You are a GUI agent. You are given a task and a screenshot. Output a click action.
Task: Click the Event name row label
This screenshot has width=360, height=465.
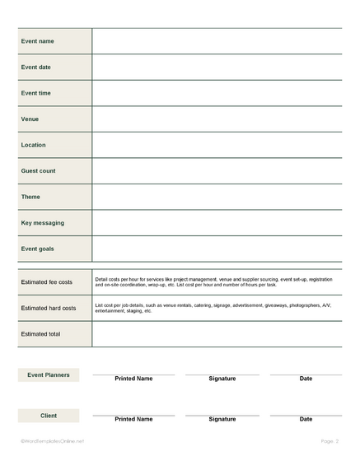click(37, 41)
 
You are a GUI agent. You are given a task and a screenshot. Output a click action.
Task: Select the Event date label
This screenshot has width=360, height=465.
click(36, 67)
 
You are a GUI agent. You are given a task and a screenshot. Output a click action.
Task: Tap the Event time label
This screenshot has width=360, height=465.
click(36, 93)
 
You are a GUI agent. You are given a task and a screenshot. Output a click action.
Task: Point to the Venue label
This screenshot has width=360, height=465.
click(30, 119)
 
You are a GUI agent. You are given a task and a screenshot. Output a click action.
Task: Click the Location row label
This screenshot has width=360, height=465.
click(34, 145)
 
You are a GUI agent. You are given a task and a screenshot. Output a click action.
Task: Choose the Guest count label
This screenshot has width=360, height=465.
click(39, 171)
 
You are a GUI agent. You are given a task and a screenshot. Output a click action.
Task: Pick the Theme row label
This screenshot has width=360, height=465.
click(30, 197)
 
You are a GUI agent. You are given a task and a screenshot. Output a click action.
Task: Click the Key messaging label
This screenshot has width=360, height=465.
click(43, 223)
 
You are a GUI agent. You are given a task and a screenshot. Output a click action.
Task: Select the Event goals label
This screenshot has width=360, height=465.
click(38, 249)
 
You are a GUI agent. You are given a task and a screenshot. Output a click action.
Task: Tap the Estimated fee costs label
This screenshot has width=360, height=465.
click(47, 282)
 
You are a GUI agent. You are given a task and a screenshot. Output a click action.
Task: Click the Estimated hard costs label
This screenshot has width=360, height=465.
click(49, 308)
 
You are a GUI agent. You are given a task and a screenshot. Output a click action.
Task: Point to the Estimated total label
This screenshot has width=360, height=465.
click(40, 333)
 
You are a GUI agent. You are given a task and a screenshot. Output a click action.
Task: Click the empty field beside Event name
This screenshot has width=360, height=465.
click(217, 41)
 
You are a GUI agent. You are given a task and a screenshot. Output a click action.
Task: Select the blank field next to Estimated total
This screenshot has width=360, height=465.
click(217, 333)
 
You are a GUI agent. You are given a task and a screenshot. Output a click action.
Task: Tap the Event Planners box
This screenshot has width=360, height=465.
click(49, 375)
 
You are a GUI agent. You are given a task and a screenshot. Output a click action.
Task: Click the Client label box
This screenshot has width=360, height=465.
click(49, 416)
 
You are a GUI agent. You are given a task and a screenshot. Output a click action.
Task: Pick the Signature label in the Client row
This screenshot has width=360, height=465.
click(222, 419)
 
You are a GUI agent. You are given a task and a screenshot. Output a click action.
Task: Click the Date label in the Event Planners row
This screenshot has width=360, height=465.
click(306, 379)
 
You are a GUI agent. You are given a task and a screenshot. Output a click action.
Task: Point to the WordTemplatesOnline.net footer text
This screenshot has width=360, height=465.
click(52, 442)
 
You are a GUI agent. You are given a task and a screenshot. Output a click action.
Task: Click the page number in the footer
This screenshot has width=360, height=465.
click(327, 442)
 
